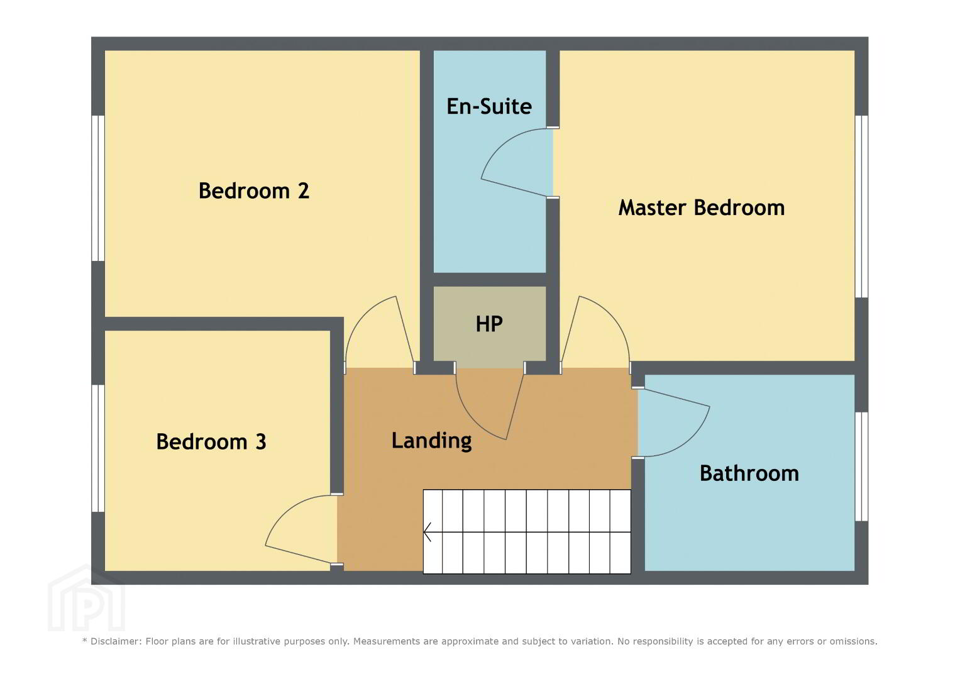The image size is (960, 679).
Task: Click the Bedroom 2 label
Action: click(254, 190)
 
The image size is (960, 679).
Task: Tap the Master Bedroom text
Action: click(702, 208)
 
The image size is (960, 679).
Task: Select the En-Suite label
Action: click(489, 106)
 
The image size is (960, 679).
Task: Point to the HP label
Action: click(489, 324)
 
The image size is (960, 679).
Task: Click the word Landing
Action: click(431, 441)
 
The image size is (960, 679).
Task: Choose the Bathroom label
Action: click(749, 473)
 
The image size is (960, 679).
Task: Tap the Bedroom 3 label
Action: click(211, 441)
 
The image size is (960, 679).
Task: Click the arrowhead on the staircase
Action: click(427, 532)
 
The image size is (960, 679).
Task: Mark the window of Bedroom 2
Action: click(98, 188)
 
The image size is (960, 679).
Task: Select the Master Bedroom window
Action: click(861, 207)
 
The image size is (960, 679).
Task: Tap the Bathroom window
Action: click(861, 466)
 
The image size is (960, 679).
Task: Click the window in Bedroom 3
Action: click(98, 448)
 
